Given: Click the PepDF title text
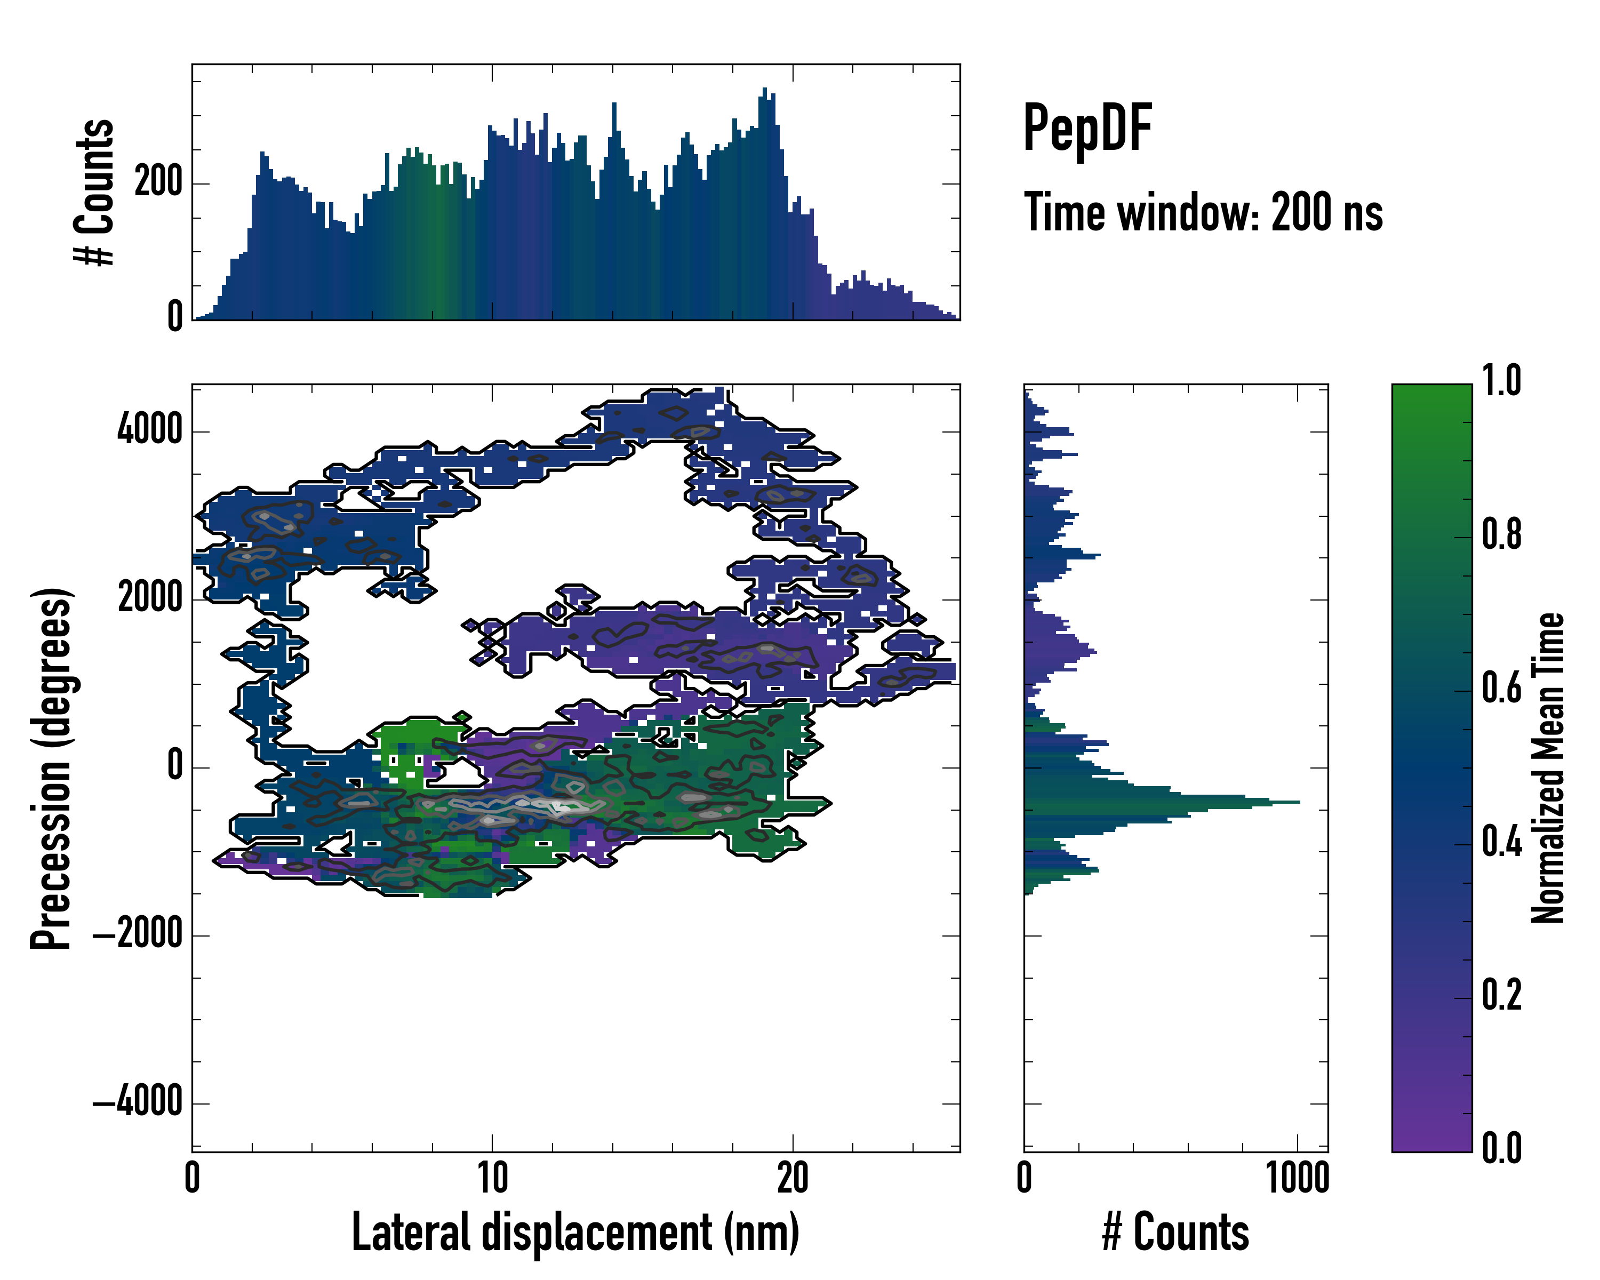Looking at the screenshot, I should (1087, 129).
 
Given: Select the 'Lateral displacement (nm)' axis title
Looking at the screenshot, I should (575, 1232).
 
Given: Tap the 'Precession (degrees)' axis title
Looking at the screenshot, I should (51, 768).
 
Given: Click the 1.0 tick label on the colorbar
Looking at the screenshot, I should (1501, 381).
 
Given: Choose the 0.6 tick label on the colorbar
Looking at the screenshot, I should (1501, 688).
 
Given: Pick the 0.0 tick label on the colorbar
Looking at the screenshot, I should (1501, 1148).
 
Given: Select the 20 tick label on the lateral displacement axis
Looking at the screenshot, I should (793, 1178).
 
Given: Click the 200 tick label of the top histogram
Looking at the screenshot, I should (158, 182).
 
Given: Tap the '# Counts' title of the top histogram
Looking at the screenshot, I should (94, 192).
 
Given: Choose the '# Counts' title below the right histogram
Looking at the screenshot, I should (1175, 1232).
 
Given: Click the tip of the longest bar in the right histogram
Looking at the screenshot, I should (1299, 802).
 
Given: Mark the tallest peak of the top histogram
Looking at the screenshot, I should (764, 89).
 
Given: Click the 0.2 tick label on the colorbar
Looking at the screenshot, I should (1501, 994).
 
